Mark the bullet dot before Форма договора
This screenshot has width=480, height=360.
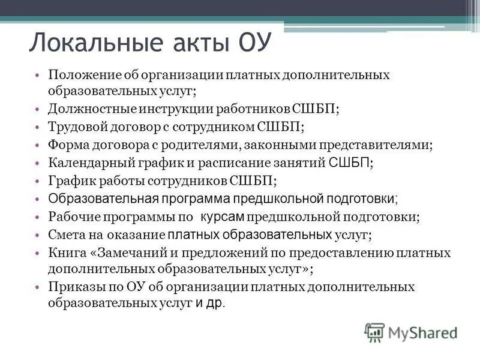pyautogui.click(x=38, y=145)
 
